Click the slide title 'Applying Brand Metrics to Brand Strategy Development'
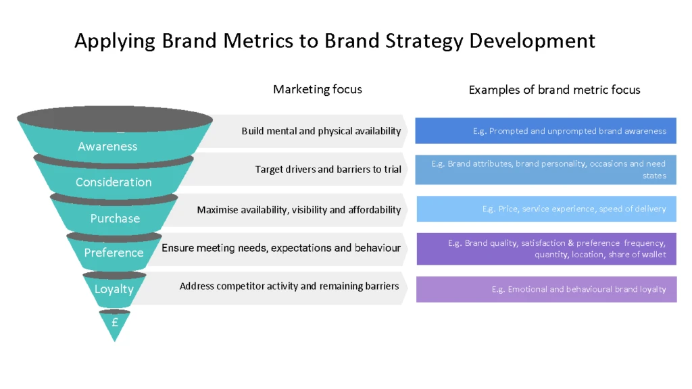pyautogui.click(x=335, y=41)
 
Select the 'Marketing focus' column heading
pyautogui.click(x=317, y=89)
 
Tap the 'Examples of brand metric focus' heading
pyautogui.click(x=554, y=90)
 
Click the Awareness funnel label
pyautogui.click(x=107, y=147)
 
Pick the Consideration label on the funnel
pyautogui.click(x=114, y=182)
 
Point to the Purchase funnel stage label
pyautogui.click(x=115, y=219)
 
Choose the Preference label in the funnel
pyautogui.click(x=114, y=253)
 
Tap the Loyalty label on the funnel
pyautogui.click(x=114, y=289)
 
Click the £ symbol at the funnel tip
pyautogui.click(x=115, y=323)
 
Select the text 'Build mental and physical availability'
pyautogui.click(x=321, y=131)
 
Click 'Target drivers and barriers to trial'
pyautogui.click(x=328, y=170)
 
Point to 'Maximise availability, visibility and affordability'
pyautogui.click(x=299, y=210)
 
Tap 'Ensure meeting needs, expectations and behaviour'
pyautogui.click(x=281, y=248)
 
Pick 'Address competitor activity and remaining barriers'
pyautogui.click(x=289, y=286)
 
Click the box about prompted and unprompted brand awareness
pyautogui.click(x=545, y=131)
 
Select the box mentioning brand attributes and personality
pyautogui.click(x=545, y=170)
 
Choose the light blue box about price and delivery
pyautogui.click(x=546, y=209)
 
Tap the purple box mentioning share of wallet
pyautogui.click(x=546, y=249)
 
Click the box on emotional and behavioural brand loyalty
pyautogui.click(x=546, y=289)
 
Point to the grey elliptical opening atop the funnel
pyautogui.click(x=114, y=119)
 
